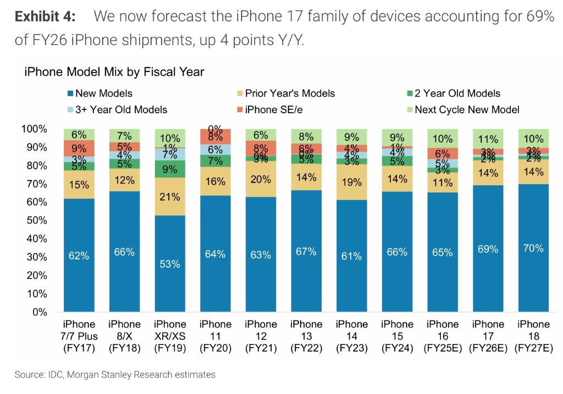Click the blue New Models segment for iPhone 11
point(215,254)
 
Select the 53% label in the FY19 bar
point(170,264)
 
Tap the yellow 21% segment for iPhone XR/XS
point(170,197)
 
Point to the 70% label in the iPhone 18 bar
point(533,248)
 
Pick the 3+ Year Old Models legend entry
point(121,109)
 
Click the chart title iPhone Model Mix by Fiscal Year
point(114,71)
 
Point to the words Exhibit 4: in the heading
point(45,16)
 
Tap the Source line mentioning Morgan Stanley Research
point(115,375)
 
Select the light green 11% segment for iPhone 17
point(487,139)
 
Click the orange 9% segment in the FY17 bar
point(79,148)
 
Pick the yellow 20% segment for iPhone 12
point(261,179)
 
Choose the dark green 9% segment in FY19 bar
point(170,169)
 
